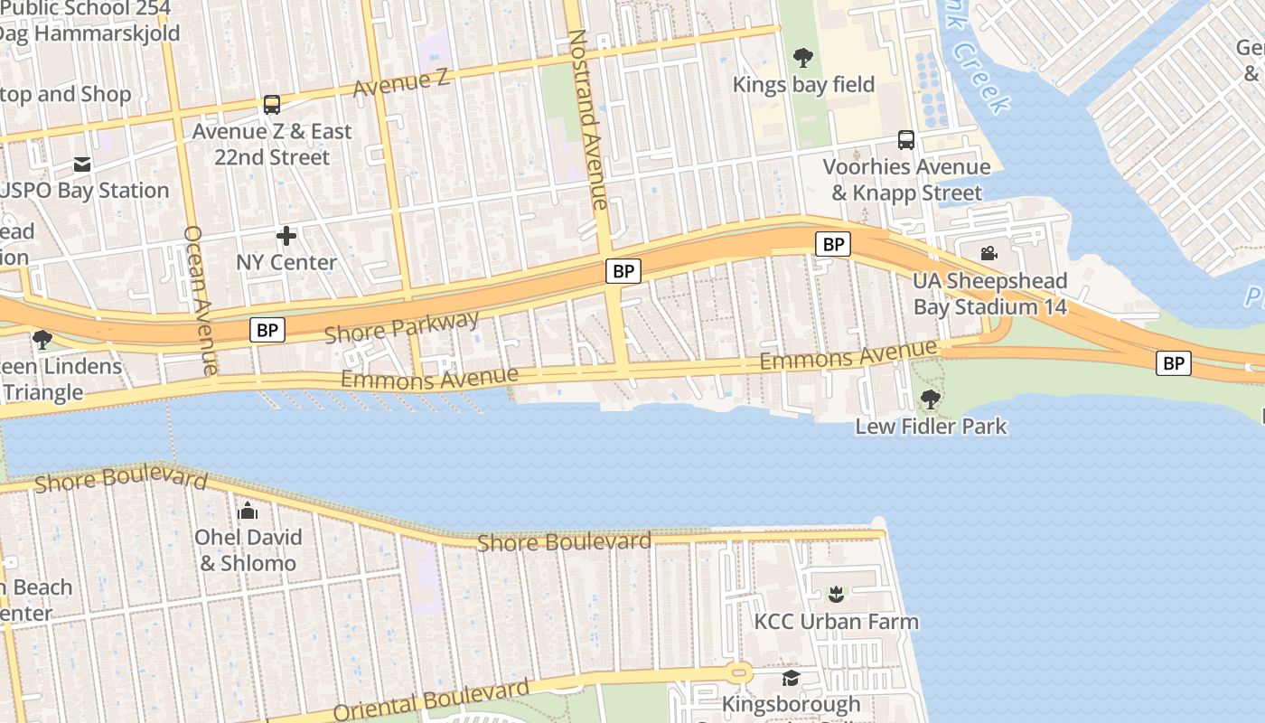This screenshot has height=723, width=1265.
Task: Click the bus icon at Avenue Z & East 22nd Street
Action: pos(272,105)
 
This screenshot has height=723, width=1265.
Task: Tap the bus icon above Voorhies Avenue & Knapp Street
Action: pos(906,140)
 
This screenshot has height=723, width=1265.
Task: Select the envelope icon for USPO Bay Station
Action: pos(82,164)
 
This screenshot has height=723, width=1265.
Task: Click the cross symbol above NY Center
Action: pos(286,237)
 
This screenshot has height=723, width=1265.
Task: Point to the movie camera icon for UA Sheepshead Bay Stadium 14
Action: pos(989,254)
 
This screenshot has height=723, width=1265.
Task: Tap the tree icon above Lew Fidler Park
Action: pos(930,399)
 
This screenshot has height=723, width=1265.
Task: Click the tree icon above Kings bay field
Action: pos(802,59)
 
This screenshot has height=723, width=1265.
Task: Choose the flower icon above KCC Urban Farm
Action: pos(836,595)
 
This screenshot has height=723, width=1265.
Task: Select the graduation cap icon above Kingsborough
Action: pos(792,678)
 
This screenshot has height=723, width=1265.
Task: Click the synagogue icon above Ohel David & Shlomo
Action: pos(248,511)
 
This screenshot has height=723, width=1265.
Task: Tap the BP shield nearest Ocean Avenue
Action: pos(267,330)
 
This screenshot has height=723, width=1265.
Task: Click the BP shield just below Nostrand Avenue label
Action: pos(623,271)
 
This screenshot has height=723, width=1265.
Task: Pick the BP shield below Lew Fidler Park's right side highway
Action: pos(1174,363)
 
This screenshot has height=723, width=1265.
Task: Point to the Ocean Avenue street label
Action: pos(200,299)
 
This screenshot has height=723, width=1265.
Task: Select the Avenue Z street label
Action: pos(400,82)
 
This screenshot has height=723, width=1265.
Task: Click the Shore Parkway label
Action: pos(401,327)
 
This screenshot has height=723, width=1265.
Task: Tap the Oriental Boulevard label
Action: pos(431,700)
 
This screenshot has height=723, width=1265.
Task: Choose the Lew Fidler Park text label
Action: pos(931,426)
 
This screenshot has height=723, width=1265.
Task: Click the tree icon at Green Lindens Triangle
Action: pos(42,340)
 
